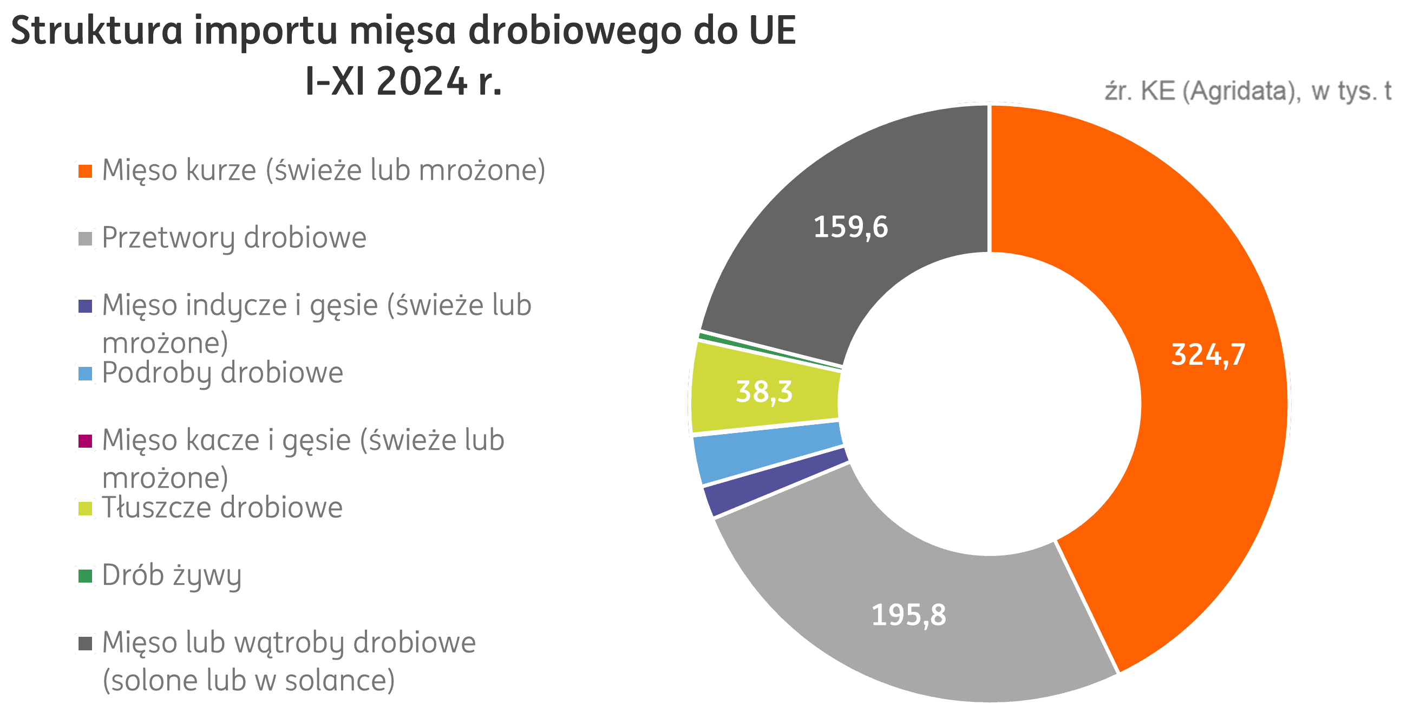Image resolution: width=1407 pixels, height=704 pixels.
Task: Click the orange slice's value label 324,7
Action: click(x=1208, y=354)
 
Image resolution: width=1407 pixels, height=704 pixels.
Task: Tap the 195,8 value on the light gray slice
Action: click(x=909, y=615)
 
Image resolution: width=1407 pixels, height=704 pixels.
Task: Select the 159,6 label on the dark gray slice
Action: click(x=850, y=227)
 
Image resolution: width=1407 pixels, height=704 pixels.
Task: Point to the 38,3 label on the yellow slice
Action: click(x=764, y=391)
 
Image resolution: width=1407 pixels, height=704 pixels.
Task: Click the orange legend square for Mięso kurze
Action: click(x=85, y=171)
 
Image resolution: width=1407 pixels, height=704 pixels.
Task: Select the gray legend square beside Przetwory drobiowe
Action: click(x=85, y=239)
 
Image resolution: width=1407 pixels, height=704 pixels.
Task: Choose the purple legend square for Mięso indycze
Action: click(x=85, y=306)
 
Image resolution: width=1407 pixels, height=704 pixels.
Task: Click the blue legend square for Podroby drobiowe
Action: click(x=85, y=374)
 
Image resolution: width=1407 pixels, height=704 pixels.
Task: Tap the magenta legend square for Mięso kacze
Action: click(x=85, y=441)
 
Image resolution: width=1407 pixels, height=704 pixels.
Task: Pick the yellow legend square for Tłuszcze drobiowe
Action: click(x=85, y=509)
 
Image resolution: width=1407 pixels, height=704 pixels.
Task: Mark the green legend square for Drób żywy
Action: click(x=85, y=576)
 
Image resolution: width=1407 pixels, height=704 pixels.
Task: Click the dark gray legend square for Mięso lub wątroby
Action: click(x=85, y=644)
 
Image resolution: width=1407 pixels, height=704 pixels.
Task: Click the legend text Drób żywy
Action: click(x=172, y=576)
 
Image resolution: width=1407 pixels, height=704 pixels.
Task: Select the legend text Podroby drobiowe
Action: click(x=222, y=373)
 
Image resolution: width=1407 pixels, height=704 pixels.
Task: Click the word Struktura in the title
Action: click(x=96, y=30)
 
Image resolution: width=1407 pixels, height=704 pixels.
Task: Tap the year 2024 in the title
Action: click(x=421, y=82)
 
